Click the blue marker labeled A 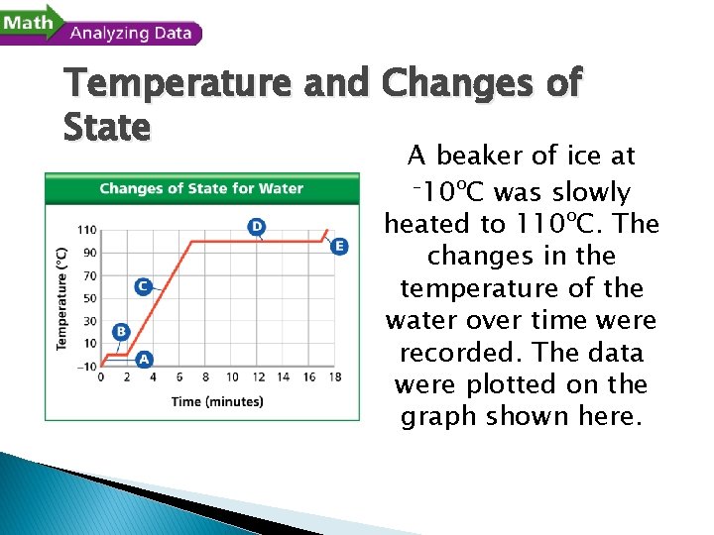point(144,359)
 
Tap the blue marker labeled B point(121,331)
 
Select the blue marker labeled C point(143,286)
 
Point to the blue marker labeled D point(257,227)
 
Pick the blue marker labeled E point(340,246)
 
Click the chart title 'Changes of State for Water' point(201,188)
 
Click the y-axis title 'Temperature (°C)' point(61,298)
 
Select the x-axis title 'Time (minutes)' point(217,401)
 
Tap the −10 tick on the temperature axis point(85,367)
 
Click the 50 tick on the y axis point(88,298)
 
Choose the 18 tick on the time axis point(335,377)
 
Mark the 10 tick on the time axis point(232,377)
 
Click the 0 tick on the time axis point(101,377)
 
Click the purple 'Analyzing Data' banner point(131,33)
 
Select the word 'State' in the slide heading point(107,127)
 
